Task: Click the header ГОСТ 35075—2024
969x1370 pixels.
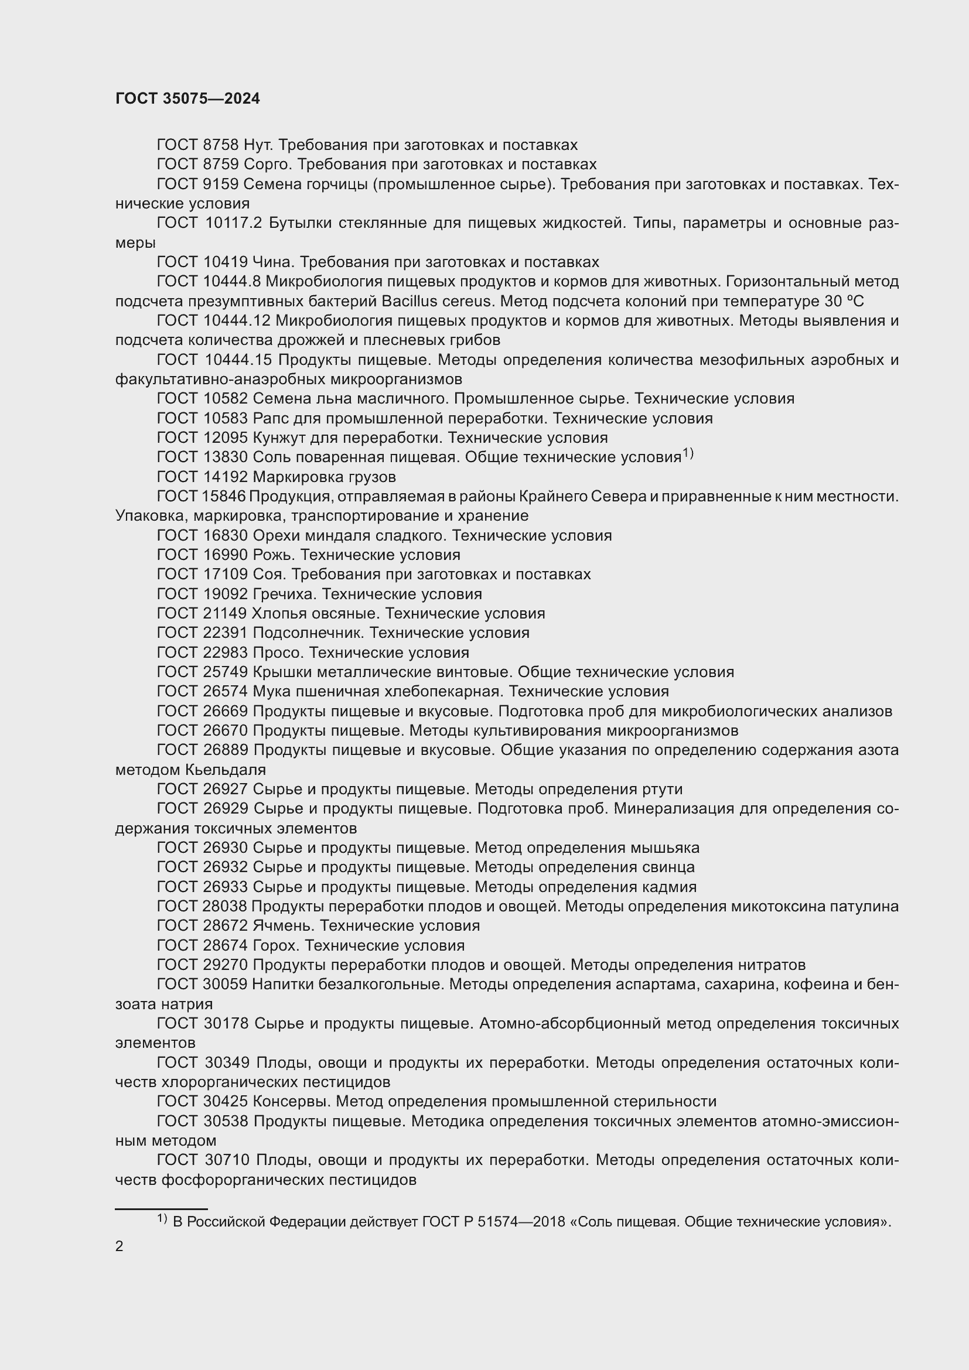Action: pos(187,99)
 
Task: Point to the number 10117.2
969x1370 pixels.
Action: pos(233,223)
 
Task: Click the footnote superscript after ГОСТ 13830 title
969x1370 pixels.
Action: pos(688,454)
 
